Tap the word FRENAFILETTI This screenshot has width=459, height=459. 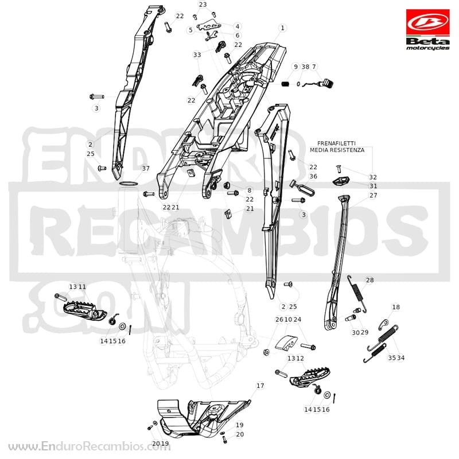336,143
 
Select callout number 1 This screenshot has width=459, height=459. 282,28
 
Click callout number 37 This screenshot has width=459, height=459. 146,168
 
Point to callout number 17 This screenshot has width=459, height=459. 260,386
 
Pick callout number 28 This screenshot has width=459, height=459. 369,280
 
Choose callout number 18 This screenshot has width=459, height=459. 396,307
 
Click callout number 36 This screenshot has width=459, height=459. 313,176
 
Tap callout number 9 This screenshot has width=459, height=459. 295,67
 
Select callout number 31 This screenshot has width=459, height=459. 374,186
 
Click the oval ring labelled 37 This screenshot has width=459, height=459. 129,184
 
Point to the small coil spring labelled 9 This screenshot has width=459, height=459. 285,84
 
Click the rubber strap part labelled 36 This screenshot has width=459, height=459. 302,188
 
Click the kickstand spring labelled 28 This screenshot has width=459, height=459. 357,294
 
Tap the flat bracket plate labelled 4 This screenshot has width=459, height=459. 209,26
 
